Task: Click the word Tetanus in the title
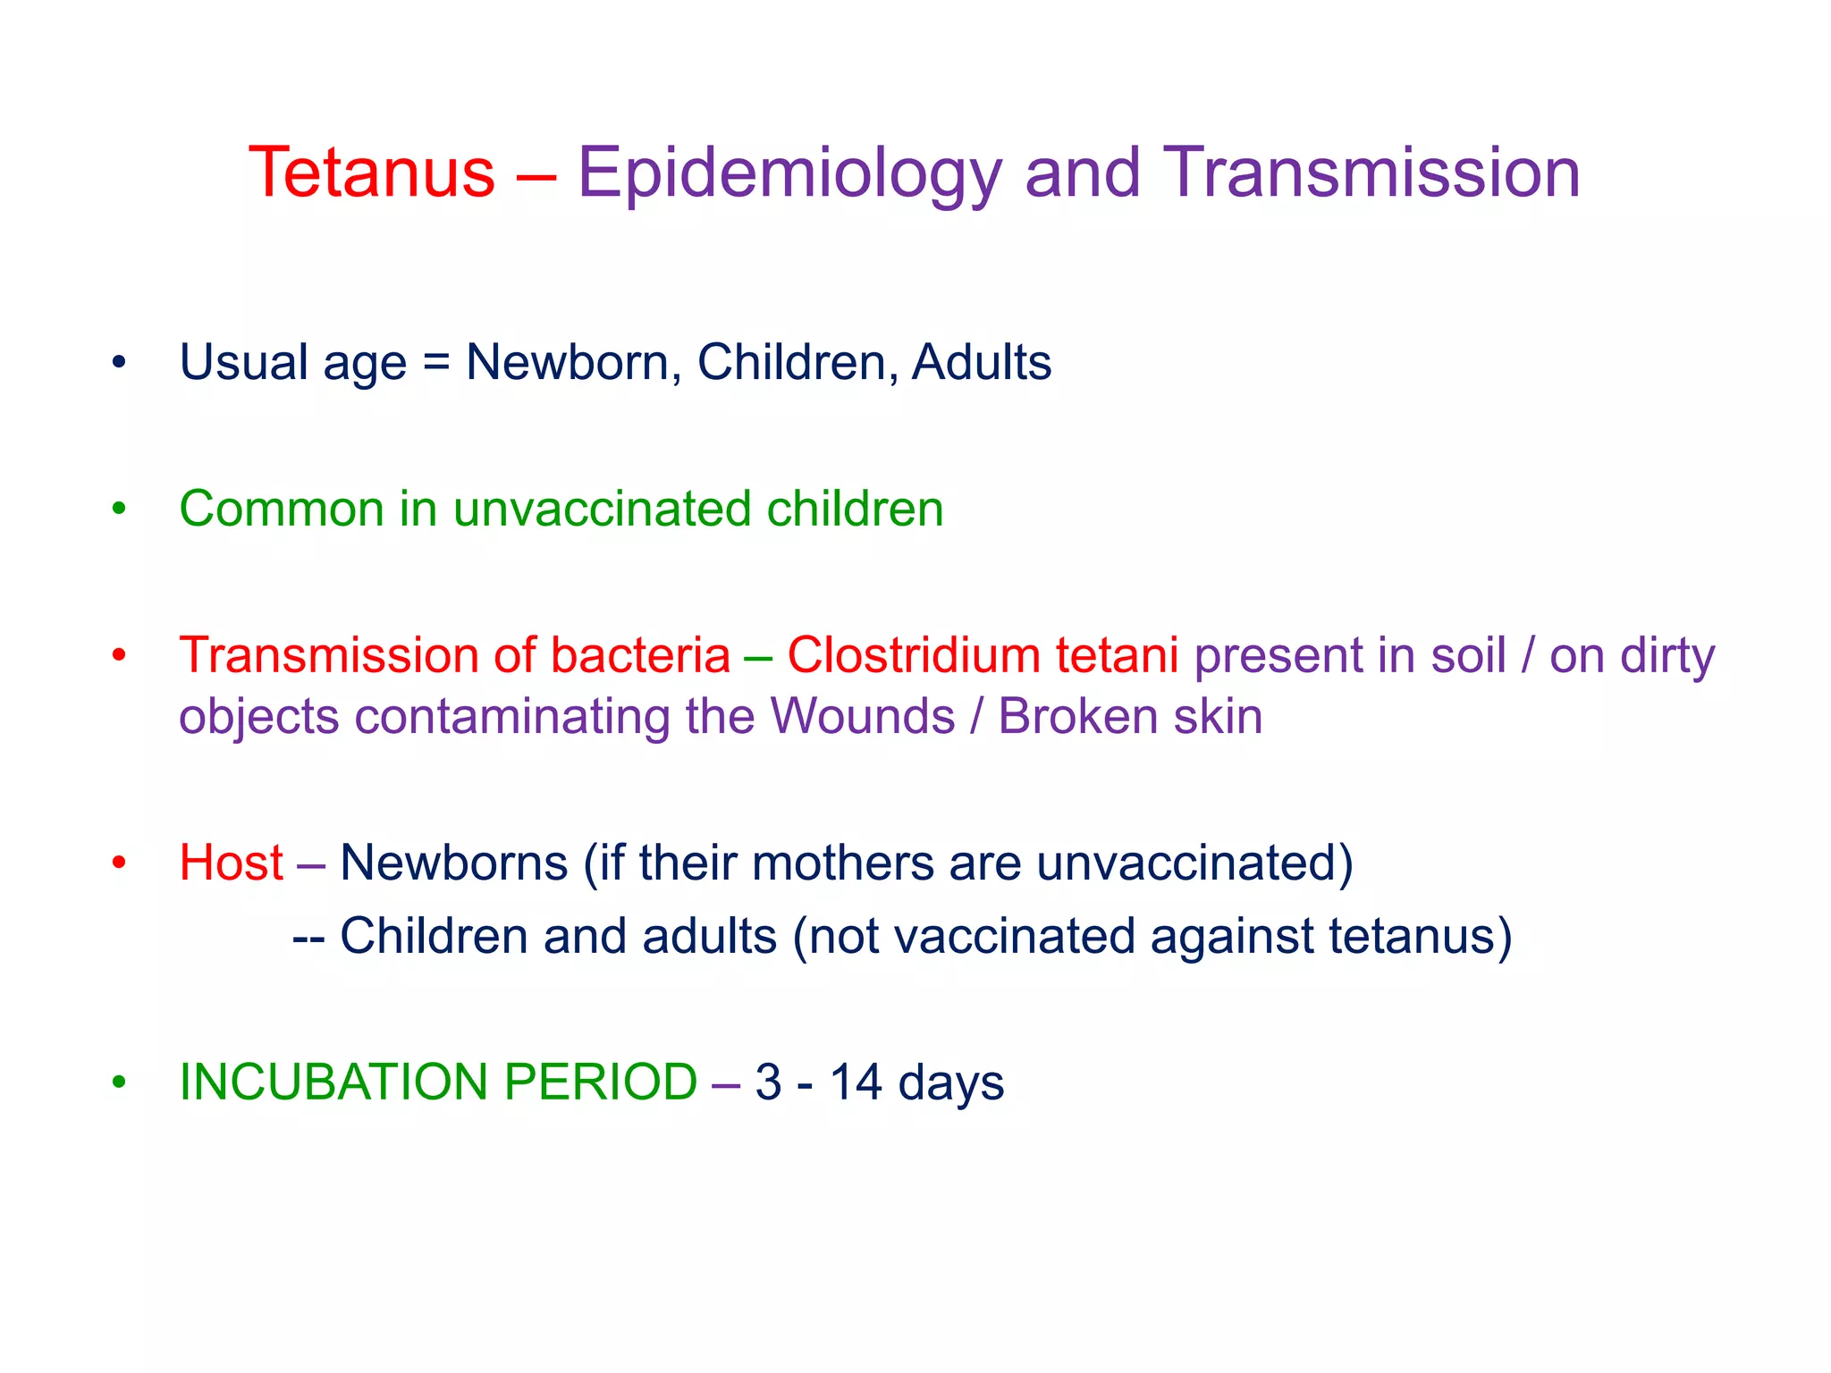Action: click(371, 172)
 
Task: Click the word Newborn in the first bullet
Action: click(567, 362)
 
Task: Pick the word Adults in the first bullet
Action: click(981, 362)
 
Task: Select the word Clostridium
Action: click(913, 655)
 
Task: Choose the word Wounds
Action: click(862, 716)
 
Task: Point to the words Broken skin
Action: click(1130, 716)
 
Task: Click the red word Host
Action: click(231, 863)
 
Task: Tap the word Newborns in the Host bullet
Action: click(454, 863)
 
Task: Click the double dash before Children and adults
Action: click(308, 938)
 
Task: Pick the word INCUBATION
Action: click(333, 1082)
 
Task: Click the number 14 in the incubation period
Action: click(856, 1082)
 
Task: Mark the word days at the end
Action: click(950, 1083)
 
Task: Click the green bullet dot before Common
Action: click(119, 509)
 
